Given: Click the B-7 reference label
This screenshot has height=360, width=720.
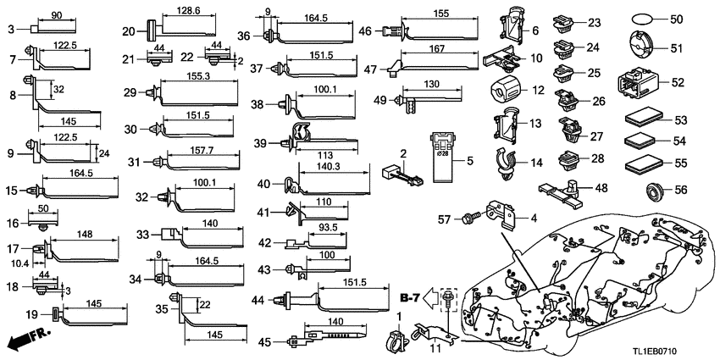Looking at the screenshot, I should coord(410,296).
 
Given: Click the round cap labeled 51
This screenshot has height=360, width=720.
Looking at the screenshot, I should coord(643,48).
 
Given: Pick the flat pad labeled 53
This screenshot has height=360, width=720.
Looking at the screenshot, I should coord(643,119).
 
